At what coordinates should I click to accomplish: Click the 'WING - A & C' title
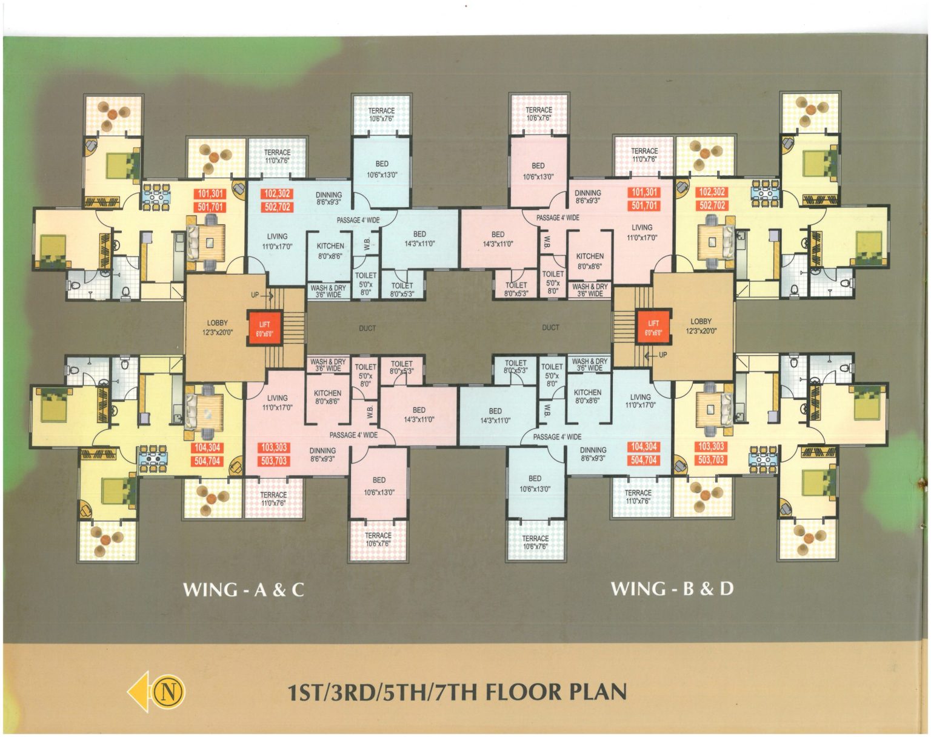tap(244, 590)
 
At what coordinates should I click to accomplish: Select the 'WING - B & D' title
tap(672, 589)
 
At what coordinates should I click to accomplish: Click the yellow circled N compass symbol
tap(169, 691)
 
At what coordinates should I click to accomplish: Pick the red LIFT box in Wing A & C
tap(264, 328)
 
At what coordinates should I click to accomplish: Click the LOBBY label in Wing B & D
tap(701, 322)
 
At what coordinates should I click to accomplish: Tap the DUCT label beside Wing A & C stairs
tap(367, 328)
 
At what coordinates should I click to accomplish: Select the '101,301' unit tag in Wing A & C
tap(210, 194)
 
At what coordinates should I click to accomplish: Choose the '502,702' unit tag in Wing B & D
tap(712, 205)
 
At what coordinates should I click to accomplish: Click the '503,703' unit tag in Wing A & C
tap(274, 461)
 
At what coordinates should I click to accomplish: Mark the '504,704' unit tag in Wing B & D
tap(644, 460)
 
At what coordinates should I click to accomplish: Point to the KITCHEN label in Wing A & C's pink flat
tap(327, 393)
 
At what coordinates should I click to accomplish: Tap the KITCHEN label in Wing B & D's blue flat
tap(587, 393)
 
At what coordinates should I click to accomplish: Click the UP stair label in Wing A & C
tap(255, 295)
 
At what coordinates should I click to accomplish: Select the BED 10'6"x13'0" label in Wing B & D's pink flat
tap(538, 172)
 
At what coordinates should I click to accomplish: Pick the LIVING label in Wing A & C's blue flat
tap(278, 236)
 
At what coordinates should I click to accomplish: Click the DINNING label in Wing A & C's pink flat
tap(322, 450)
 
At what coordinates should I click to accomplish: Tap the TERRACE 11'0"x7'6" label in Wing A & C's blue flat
tap(278, 156)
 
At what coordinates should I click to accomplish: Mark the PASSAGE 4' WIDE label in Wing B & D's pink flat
tap(558, 218)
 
